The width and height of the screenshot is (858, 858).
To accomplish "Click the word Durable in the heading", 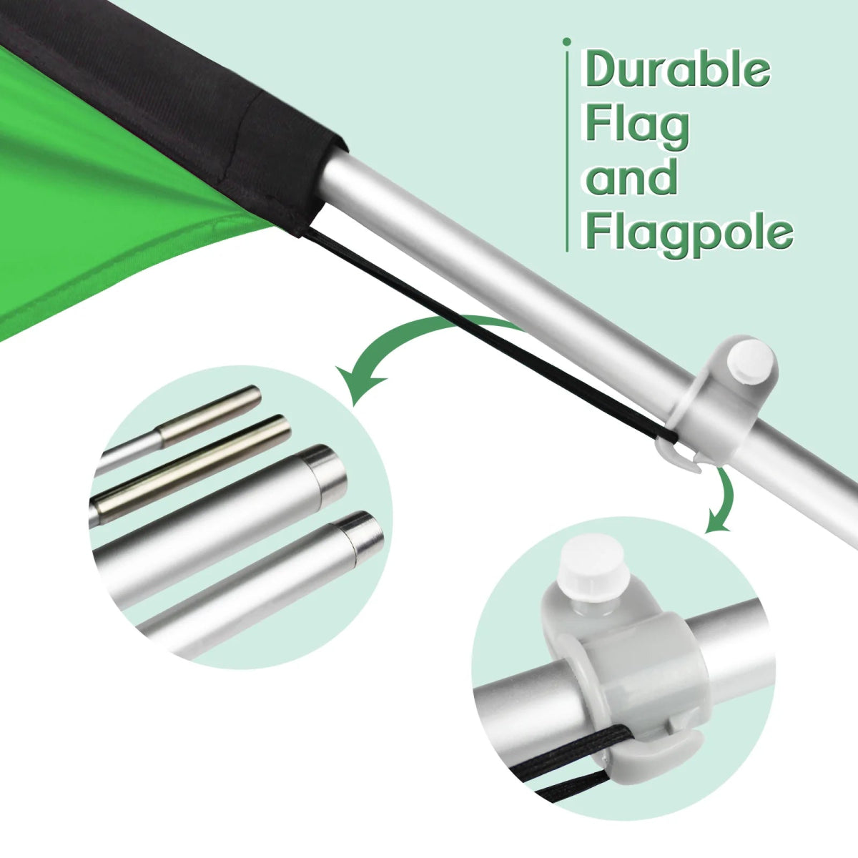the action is coord(677,69).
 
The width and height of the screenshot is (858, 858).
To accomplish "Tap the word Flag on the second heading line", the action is coord(637,127).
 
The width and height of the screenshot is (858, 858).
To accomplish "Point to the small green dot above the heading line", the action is coord(567,42).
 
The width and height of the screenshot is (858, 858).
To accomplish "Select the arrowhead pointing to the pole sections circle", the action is coord(358,384).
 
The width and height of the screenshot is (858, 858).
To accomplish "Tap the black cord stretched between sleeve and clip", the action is coord(490,336).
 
